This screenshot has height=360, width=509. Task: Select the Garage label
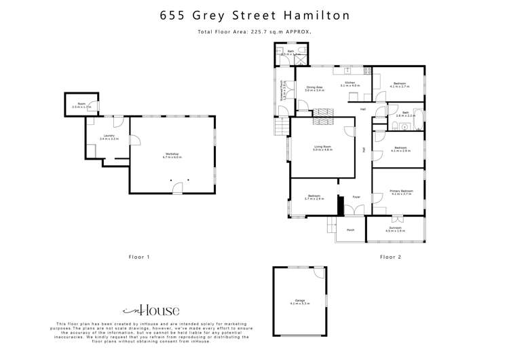(298, 302)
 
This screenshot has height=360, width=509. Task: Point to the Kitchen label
(350, 84)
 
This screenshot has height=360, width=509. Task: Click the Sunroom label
(396, 230)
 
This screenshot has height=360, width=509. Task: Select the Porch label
(351, 230)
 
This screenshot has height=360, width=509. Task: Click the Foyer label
(355, 197)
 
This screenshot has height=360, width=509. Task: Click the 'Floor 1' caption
(138, 257)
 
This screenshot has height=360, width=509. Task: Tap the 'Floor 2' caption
(391, 257)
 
